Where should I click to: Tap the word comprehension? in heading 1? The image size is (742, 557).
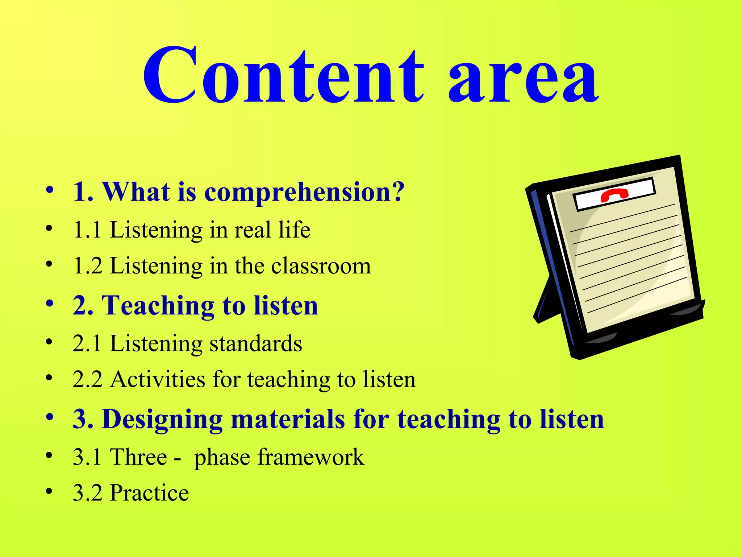tap(304, 192)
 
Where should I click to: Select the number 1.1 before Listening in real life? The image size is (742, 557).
tap(87, 230)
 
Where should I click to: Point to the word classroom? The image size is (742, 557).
tap(321, 266)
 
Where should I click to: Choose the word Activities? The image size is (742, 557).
tap(158, 380)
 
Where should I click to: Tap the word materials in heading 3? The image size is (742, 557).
tap(288, 420)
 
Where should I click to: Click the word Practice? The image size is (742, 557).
tap(149, 493)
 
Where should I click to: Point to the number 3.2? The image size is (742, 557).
tap(87, 493)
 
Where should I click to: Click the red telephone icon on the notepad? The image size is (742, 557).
tap(614, 195)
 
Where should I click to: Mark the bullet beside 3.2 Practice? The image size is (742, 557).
tap(49, 491)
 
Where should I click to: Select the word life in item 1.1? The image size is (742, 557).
tap(294, 230)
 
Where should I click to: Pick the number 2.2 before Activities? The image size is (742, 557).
tap(87, 380)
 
